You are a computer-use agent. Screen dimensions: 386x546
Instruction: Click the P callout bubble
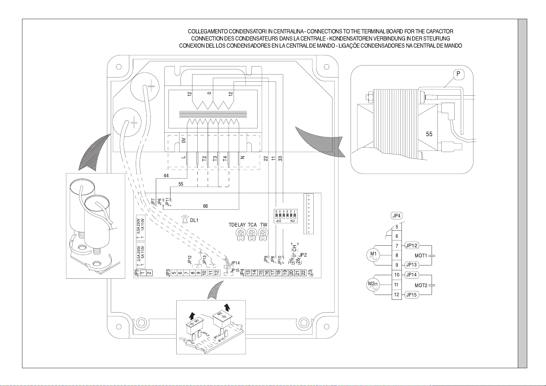[x=459, y=74]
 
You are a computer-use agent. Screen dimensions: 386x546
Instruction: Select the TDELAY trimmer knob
[x=240, y=234]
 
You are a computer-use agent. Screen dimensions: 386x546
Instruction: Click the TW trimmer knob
[x=263, y=234]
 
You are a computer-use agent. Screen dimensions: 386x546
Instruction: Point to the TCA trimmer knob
[x=252, y=234]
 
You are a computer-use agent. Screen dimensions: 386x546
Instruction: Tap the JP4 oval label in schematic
[x=397, y=216]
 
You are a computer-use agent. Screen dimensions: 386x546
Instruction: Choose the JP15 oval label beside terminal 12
[x=412, y=295]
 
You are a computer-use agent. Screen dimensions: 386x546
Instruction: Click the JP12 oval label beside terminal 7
[x=412, y=246]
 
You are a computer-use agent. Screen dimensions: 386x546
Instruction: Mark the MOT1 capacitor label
[x=421, y=256]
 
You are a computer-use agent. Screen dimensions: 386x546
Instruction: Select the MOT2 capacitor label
[x=421, y=286]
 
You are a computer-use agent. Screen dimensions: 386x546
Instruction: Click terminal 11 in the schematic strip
[x=397, y=285]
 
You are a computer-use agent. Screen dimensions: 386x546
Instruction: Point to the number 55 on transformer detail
[x=429, y=134]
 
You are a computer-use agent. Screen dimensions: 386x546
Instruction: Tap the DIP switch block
[x=284, y=216]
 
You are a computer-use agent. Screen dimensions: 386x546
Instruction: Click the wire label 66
[x=205, y=206]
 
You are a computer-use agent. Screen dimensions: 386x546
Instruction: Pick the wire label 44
[x=166, y=176]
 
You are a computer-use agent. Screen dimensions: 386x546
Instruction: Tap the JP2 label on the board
[x=303, y=255]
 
